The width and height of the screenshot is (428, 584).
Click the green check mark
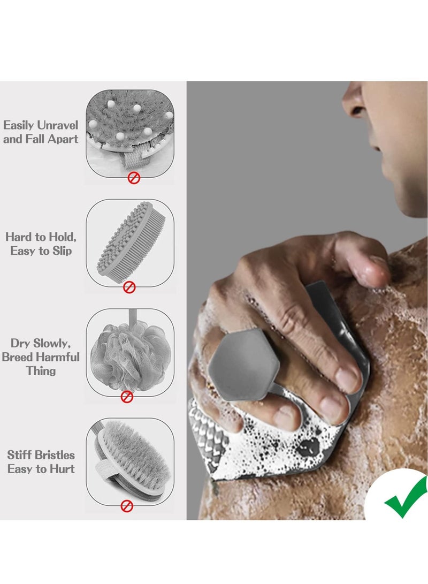(x=405, y=498)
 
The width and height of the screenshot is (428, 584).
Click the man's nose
(x=354, y=102)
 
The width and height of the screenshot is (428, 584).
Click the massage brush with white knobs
(x=130, y=128)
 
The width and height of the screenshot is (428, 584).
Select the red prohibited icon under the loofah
(x=127, y=397)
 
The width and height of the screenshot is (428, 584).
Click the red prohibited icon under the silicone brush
(x=129, y=287)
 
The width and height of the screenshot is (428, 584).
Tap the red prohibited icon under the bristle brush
(x=127, y=505)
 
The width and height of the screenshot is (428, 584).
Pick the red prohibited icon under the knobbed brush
(x=134, y=178)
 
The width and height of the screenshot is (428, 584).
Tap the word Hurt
(x=63, y=469)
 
